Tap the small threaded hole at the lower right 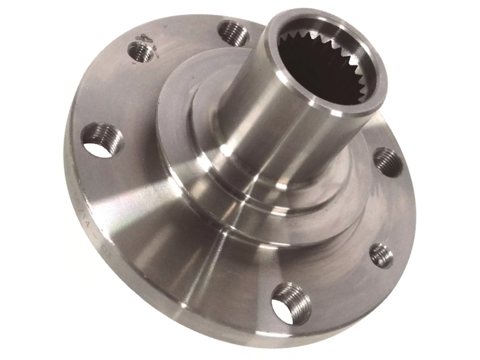tap(382, 255)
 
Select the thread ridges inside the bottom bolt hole tap(294, 298)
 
